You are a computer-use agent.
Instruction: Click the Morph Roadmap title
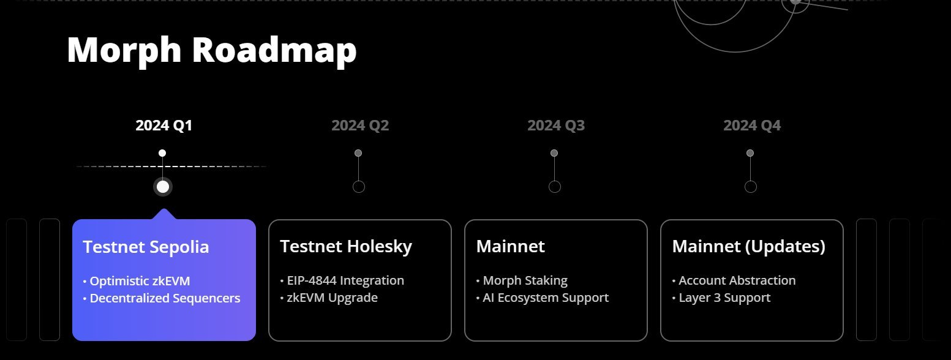point(212,51)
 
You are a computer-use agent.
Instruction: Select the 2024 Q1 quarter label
point(164,126)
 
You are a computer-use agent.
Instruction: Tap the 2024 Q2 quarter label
point(360,126)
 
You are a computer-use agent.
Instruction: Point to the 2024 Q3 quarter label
point(556,126)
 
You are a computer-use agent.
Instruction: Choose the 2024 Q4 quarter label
point(752,126)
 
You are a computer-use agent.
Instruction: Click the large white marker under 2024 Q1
point(163,187)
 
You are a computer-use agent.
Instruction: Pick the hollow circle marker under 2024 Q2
point(359,187)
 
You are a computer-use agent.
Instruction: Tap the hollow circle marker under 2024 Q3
point(554,187)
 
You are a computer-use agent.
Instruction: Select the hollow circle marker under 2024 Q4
point(751,187)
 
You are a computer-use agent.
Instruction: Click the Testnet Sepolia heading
point(146,247)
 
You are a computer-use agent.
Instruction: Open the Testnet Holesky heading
point(346,247)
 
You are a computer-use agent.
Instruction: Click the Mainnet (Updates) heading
point(748,247)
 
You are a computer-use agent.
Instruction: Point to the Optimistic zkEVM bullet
point(137,281)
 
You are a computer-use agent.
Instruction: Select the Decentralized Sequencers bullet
point(162,298)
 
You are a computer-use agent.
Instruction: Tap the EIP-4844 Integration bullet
point(342,280)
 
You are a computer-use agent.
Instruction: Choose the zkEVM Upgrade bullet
point(329,298)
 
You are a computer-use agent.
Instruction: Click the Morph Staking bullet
point(522,280)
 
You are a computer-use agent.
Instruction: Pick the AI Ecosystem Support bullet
point(543,298)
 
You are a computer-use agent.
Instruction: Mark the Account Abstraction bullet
point(734,280)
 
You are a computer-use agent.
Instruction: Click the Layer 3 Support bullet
point(721,298)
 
